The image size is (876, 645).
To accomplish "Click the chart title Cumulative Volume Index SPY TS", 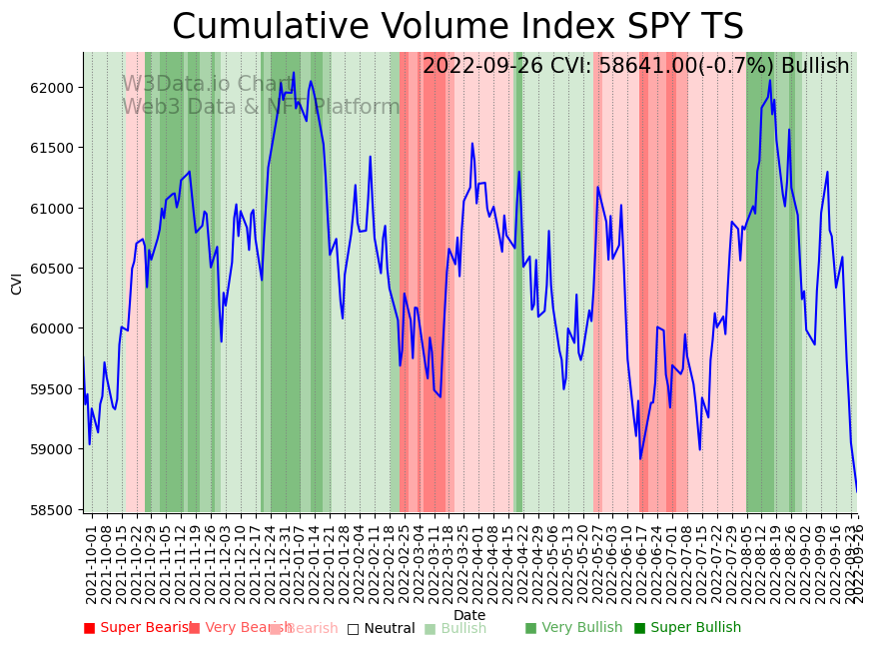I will point(457,27).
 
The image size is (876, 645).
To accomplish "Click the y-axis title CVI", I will point(17,283).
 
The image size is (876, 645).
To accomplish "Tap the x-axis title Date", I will point(469,615).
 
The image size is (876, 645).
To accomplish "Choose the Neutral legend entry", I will point(389,629).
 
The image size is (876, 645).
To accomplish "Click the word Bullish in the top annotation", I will point(815,67).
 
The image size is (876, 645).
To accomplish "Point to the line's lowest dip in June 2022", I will point(640,459).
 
